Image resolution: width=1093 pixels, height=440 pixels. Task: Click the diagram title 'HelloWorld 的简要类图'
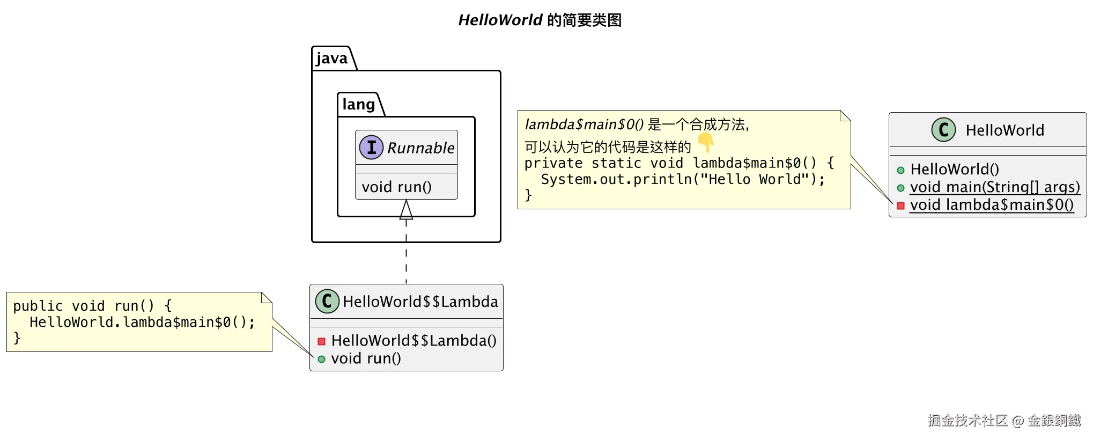pyautogui.click(x=540, y=20)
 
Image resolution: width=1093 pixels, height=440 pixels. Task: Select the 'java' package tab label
pyautogui.click(x=332, y=58)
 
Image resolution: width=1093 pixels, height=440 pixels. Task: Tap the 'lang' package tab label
pyautogui.click(x=358, y=104)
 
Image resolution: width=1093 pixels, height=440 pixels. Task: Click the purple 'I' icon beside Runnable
pyautogui.click(x=371, y=147)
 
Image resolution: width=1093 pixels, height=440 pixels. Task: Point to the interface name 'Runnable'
pyautogui.click(x=421, y=148)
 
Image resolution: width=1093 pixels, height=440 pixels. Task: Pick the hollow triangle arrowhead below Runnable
pyautogui.click(x=406, y=209)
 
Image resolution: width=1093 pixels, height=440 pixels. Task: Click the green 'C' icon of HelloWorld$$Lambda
pyautogui.click(x=327, y=301)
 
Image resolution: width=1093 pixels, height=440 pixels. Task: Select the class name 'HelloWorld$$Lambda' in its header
pyautogui.click(x=420, y=302)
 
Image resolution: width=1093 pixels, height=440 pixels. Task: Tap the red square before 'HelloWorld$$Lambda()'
pyautogui.click(x=322, y=341)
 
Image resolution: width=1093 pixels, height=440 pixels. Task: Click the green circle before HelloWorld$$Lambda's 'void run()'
pyautogui.click(x=322, y=359)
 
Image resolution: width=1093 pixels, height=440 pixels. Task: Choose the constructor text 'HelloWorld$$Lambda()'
pyautogui.click(x=413, y=341)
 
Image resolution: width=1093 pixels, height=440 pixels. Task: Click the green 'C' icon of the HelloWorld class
pyautogui.click(x=944, y=129)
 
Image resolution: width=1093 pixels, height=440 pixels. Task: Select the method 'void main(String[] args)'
pyautogui.click(x=995, y=187)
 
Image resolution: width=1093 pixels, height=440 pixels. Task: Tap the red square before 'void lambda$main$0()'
pyautogui.click(x=900, y=206)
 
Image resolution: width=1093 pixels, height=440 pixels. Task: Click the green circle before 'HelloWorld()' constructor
pyautogui.click(x=900, y=170)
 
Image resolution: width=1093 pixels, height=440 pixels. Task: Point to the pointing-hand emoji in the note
pyautogui.click(x=706, y=142)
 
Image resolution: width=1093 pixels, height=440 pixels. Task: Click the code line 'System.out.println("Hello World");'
pyautogui.click(x=683, y=179)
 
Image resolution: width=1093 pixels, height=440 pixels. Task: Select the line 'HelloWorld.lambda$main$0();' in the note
pyautogui.click(x=142, y=322)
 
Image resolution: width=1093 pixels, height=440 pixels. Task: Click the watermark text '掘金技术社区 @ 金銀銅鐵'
pyautogui.click(x=1005, y=420)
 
